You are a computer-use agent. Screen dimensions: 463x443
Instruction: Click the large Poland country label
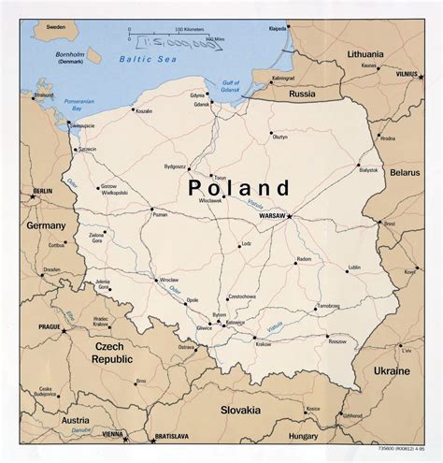[x=239, y=188]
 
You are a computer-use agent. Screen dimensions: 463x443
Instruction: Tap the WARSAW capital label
[x=271, y=217]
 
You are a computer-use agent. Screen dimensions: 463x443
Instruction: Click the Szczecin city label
[x=87, y=149]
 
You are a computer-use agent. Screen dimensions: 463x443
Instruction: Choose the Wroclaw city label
[x=168, y=279]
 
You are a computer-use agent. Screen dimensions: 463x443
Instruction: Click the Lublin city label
[x=353, y=267]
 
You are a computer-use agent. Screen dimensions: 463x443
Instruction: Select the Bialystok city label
[x=369, y=169]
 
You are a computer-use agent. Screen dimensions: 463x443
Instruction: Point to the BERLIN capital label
[x=41, y=191]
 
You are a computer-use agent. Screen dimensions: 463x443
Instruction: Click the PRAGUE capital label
[x=50, y=326]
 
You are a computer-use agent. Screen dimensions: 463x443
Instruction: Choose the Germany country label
[x=47, y=225]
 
